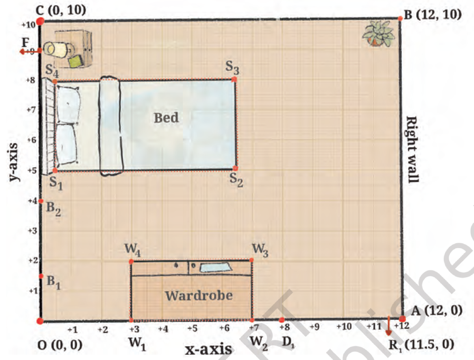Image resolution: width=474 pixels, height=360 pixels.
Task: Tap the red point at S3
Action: coord(234,80)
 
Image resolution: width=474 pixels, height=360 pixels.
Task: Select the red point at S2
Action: coord(235,168)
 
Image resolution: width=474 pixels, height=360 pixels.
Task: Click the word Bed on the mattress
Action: coord(166,118)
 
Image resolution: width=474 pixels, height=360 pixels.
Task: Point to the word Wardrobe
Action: coord(199,295)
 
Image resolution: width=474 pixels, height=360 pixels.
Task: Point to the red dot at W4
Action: coord(131,261)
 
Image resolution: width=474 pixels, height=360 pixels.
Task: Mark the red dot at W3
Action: coord(251,260)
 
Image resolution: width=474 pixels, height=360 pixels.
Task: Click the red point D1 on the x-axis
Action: coord(282,320)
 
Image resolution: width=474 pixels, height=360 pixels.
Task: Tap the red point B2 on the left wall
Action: coord(41,201)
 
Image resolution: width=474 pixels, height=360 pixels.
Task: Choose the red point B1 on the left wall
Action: coord(41,276)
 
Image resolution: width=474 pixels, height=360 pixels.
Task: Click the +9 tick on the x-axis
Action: coord(315,326)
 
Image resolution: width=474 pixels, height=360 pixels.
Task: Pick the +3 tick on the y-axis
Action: coord(32,231)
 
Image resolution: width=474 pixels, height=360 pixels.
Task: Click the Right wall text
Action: coord(412,149)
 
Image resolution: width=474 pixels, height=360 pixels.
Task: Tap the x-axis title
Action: coord(208,349)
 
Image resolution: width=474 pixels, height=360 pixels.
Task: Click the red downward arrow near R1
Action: coord(388,326)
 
